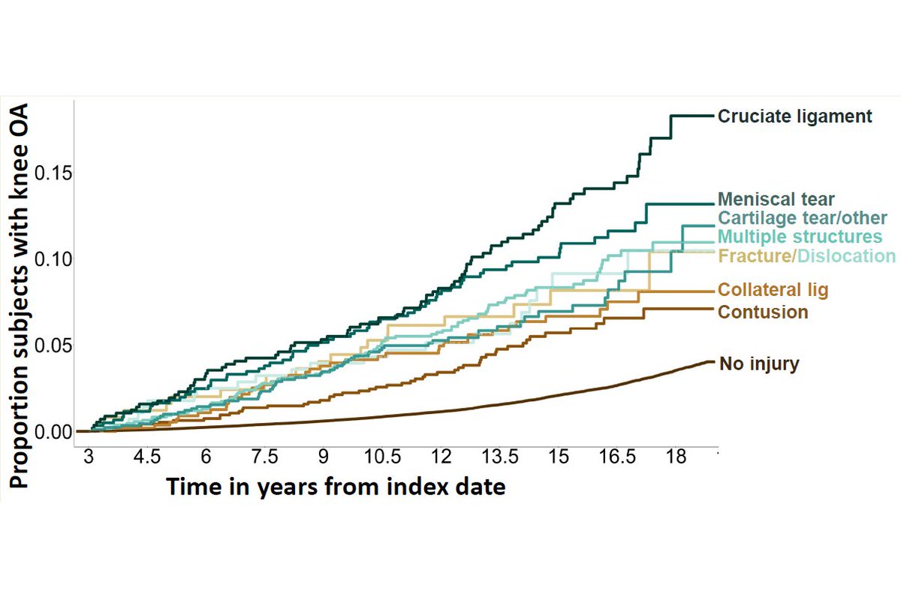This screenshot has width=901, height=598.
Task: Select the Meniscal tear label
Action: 776,200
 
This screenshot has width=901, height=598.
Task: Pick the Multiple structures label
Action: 800,237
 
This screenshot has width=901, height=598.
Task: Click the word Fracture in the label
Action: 755,256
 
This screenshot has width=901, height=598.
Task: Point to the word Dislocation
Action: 846,256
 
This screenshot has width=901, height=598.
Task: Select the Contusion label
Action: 763,312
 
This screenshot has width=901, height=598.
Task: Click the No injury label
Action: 759,364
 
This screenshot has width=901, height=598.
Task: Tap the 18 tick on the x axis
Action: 677,458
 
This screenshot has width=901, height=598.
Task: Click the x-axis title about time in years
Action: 336,486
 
